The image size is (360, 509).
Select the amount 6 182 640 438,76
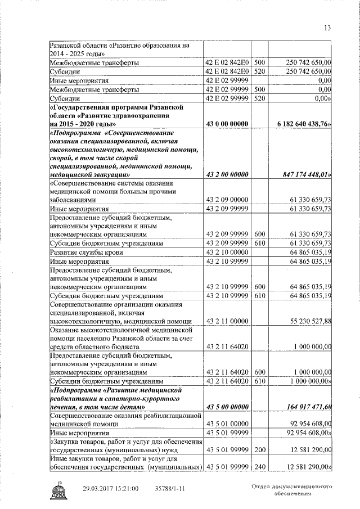click(304, 123)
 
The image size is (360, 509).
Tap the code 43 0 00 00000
click(227, 123)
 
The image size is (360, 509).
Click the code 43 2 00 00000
click(227, 175)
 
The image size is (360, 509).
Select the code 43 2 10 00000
click(227, 253)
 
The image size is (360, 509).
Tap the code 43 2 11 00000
click(227, 321)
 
